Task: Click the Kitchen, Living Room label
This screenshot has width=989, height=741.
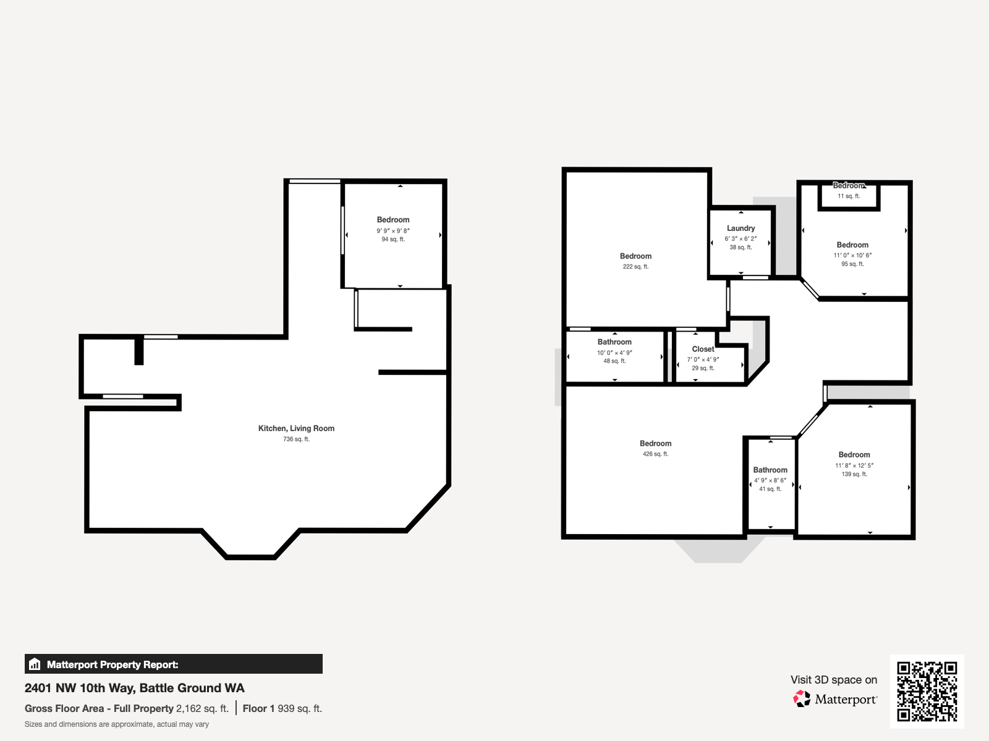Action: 296,428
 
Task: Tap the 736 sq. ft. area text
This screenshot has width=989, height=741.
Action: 296,439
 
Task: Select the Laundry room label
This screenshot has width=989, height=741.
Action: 741,228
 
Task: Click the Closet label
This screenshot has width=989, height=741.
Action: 703,349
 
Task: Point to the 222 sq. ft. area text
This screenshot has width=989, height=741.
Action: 635,267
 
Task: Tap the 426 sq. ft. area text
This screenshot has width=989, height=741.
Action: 655,454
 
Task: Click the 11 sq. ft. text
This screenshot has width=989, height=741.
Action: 849,196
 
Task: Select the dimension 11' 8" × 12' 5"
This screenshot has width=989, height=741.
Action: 854,466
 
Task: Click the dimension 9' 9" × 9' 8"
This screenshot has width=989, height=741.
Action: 393,230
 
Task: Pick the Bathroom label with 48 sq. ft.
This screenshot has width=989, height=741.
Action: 614,341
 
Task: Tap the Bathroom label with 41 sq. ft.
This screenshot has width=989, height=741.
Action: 770,470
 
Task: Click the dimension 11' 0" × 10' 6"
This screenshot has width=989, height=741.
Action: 852,255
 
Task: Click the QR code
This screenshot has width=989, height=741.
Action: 927,691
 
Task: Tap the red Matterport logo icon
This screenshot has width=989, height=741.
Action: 802,699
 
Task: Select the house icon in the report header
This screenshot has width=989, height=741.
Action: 35,664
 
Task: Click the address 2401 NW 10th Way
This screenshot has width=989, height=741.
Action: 134,688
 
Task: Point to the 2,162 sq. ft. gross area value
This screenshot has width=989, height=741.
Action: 202,708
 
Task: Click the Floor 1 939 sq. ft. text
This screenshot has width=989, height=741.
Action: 282,708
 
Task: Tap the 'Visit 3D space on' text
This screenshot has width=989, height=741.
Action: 833,679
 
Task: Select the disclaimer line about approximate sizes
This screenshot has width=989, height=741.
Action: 117,724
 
